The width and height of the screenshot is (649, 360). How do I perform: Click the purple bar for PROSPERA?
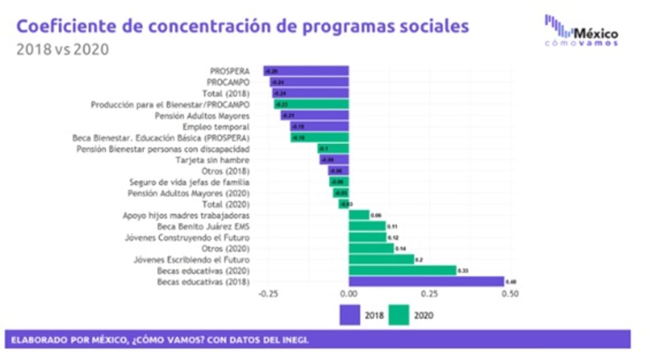(x=306, y=71)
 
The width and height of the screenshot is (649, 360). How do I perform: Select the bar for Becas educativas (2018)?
(x=426, y=282)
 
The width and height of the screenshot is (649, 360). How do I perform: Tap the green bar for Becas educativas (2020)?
(x=402, y=271)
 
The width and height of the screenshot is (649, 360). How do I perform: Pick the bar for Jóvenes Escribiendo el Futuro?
(x=381, y=260)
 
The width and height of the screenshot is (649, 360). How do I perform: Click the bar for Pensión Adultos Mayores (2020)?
(x=341, y=193)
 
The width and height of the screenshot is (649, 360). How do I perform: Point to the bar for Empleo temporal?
(x=320, y=127)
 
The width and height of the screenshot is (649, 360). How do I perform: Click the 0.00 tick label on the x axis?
(x=349, y=294)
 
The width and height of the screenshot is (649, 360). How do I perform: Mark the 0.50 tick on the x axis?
(x=510, y=294)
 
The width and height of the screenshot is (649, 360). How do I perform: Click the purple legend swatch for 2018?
(x=350, y=315)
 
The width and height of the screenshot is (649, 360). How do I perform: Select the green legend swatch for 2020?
(x=399, y=315)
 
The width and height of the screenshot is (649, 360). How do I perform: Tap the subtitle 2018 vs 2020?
(x=62, y=49)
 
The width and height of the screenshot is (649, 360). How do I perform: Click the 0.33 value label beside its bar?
(x=463, y=271)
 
